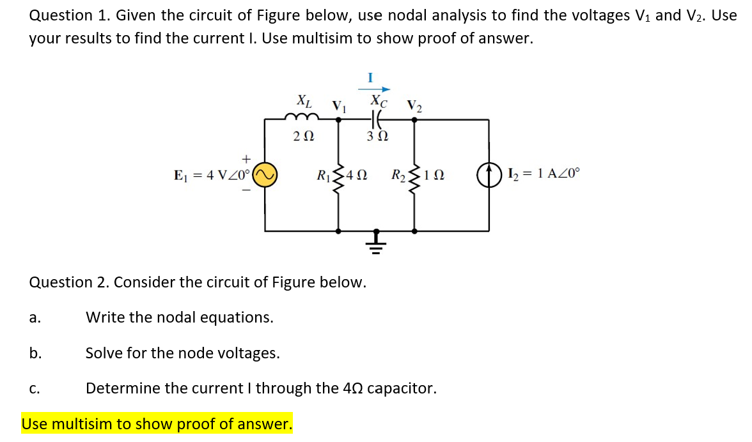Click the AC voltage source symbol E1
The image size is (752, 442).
(265, 174)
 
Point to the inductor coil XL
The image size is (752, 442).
(302, 117)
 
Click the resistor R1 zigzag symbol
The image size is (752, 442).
(339, 174)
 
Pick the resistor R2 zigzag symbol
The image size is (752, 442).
(414, 174)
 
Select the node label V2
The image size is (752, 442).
(414, 105)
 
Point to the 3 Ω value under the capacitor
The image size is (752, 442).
(376, 136)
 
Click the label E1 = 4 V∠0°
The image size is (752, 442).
(212, 174)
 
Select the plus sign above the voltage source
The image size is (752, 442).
(244, 156)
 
